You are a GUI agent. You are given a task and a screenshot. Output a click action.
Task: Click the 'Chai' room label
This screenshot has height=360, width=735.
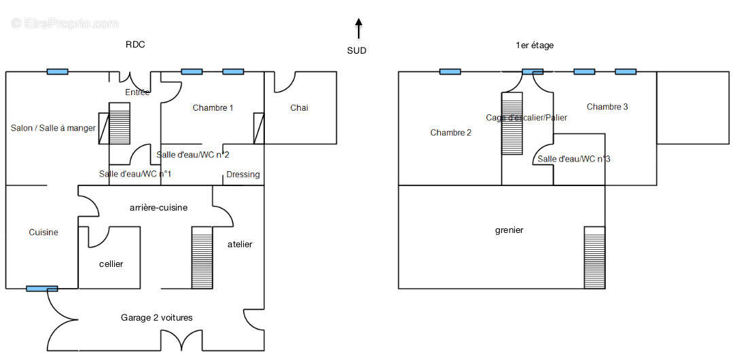(x=299, y=107)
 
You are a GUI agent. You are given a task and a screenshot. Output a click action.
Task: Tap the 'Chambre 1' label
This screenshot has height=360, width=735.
(x=213, y=107)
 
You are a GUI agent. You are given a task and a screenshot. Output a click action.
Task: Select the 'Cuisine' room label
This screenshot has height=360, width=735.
(x=43, y=232)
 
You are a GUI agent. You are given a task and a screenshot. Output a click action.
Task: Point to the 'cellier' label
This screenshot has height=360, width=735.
(x=111, y=264)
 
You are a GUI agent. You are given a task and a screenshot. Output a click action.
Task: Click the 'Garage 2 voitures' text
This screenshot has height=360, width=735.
(x=156, y=317)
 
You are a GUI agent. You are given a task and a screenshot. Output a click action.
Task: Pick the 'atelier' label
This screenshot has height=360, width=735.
(x=240, y=244)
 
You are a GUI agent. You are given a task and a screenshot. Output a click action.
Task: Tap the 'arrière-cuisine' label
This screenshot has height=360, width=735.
(x=158, y=207)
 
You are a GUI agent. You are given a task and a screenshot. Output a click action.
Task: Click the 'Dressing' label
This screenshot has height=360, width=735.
(x=243, y=175)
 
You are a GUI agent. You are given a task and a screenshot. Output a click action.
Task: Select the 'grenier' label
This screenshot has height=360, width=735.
(x=509, y=230)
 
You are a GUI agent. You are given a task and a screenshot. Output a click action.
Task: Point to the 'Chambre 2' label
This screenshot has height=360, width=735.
(x=450, y=132)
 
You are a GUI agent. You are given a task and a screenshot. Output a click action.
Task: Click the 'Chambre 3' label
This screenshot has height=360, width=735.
(x=607, y=107)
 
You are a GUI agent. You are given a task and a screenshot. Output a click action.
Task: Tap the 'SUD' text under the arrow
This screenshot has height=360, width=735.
(x=357, y=50)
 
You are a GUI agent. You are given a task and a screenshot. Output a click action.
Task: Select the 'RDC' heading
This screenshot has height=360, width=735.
(x=135, y=45)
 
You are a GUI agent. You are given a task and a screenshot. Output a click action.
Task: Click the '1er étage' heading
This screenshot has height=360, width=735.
(x=535, y=45)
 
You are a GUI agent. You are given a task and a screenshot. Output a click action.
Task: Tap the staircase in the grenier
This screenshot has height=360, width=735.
(x=594, y=257)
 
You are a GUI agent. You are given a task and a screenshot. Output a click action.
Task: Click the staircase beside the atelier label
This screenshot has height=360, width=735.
(x=202, y=257)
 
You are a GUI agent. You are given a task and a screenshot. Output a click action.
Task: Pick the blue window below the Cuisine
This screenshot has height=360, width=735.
(x=41, y=289)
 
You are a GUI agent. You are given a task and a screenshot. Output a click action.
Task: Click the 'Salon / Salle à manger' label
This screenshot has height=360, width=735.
(x=53, y=128)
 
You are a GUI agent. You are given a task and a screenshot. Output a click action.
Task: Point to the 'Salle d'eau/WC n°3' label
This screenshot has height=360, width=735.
(x=573, y=159)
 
